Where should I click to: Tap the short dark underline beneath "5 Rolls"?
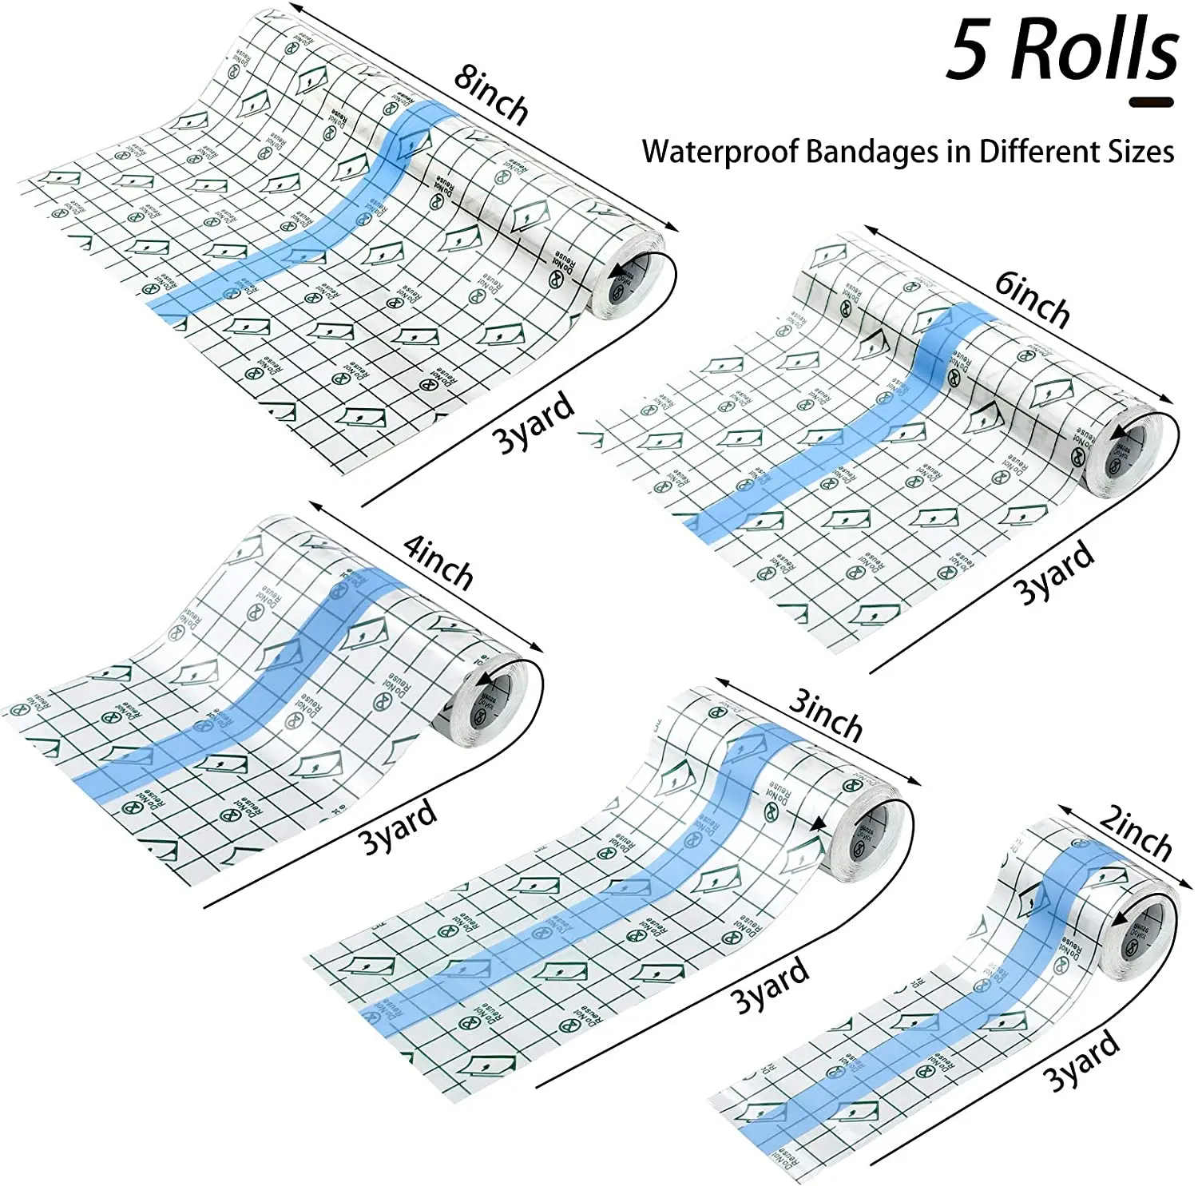pos(1151,102)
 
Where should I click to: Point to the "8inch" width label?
pos(491,95)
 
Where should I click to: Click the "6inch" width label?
pos(1033,299)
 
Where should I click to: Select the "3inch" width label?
pos(826,716)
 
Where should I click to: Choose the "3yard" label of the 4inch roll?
pos(397,827)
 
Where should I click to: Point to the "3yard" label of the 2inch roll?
pos(1081,1061)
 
